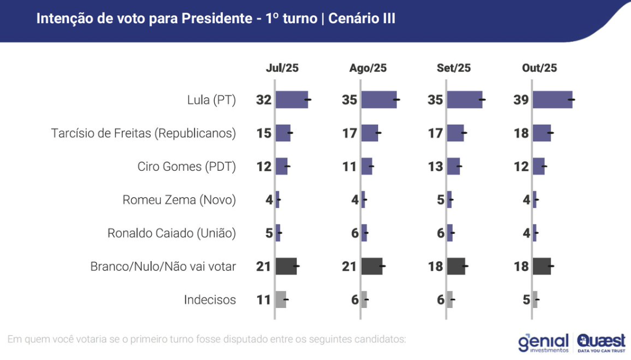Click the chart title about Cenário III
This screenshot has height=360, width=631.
point(216,19)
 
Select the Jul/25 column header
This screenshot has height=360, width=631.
point(282,68)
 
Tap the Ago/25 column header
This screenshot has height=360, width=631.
point(368,68)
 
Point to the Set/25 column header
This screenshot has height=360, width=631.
point(453,68)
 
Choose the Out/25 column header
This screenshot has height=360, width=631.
point(539,68)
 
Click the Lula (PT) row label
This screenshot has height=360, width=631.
point(211,100)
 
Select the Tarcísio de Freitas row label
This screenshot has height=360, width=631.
point(144,133)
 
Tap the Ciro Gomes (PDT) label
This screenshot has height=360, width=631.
point(186,167)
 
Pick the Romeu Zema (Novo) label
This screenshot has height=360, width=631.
point(179,200)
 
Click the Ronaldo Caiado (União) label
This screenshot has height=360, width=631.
point(171,233)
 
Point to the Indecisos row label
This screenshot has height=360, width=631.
point(210,300)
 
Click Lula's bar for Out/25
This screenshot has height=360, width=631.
point(552,100)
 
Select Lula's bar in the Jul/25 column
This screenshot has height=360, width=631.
point(291,100)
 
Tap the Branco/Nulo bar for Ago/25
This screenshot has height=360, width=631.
point(372,266)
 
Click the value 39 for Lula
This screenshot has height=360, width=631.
point(521,100)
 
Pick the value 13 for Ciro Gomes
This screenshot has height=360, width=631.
point(435,167)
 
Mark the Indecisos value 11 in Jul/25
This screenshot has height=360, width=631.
point(263,300)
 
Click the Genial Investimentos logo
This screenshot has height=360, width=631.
point(544,342)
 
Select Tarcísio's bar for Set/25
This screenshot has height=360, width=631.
point(455,133)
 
